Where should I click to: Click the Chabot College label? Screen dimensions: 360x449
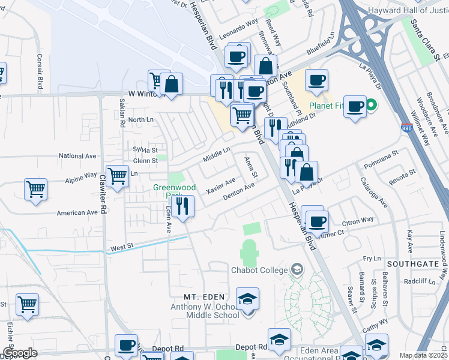(259, 270)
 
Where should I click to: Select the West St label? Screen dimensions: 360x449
(121, 247)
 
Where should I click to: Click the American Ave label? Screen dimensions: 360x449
(77, 212)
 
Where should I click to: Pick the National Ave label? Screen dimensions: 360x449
(78, 156)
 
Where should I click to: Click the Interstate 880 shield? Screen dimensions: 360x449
(407, 128)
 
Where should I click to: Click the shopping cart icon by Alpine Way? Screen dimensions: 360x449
(118, 175)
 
